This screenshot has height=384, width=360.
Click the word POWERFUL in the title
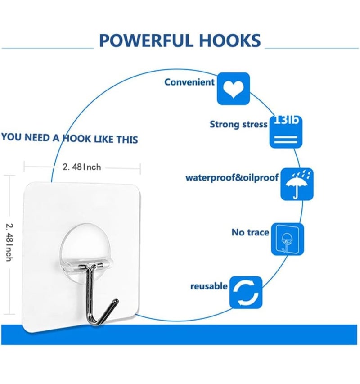146,41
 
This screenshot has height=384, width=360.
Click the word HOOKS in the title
230,41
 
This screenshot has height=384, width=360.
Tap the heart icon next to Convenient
234,89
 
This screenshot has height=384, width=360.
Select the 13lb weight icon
286,132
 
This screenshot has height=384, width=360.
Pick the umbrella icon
297,184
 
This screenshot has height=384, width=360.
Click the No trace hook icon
288,239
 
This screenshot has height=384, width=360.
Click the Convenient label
189,82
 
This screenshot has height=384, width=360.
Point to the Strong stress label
238,124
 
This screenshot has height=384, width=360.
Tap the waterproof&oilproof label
232,177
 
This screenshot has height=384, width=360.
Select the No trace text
250,232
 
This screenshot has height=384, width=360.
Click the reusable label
209,286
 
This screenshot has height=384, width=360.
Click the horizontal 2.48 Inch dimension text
82,167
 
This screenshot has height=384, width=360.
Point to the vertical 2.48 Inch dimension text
9,243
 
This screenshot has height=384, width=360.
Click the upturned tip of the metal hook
116,301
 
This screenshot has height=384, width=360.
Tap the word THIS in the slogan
127,140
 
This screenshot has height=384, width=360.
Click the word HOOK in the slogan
77,138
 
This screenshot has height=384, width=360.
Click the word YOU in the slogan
11,137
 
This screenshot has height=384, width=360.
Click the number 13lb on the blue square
286,120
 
